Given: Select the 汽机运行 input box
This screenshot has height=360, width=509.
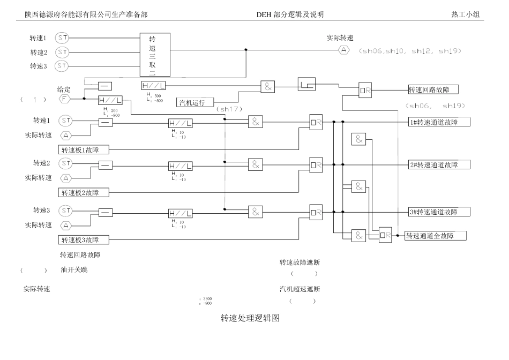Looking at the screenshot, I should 195,102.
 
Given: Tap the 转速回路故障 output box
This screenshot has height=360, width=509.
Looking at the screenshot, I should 433,89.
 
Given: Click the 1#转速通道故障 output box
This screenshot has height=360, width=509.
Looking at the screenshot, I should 439,122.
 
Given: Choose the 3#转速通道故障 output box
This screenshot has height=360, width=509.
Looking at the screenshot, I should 439,212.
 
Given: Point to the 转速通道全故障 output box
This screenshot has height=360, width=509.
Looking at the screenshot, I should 436,235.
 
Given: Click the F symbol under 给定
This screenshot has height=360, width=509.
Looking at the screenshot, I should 65,99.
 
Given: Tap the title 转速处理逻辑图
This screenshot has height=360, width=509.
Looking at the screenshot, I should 250,318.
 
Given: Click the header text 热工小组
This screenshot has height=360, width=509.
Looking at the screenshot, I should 467,14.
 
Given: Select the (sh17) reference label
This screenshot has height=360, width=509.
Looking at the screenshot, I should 230,109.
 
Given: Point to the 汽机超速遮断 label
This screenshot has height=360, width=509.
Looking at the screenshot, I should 300,289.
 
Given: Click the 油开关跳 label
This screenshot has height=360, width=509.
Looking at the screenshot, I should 74,269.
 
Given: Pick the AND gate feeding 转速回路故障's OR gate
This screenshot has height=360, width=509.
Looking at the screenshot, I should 268,87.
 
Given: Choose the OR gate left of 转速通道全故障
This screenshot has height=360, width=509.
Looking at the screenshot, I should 385,234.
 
